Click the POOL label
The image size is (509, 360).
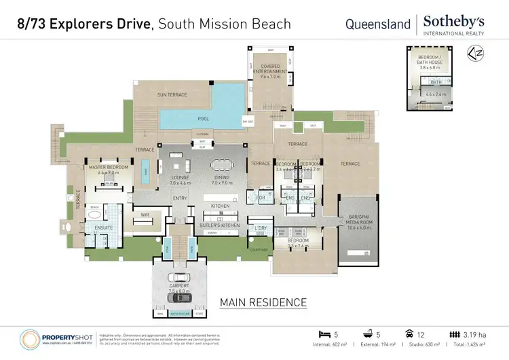[x=203, y=118]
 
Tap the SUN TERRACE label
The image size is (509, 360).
[x=172, y=94]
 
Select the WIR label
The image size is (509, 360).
[x=145, y=215]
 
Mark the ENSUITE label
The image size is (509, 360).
[x=103, y=228]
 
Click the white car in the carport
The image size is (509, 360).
[x=178, y=277]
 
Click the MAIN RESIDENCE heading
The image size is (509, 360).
[x=263, y=302]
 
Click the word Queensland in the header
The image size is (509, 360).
[x=378, y=24]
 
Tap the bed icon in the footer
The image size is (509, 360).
[x=324, y=334]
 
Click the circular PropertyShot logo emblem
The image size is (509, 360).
[x=32, y=339]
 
